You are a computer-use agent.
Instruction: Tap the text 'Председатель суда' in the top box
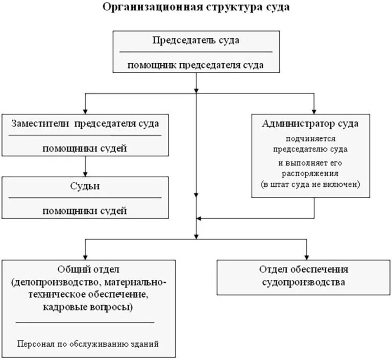[x=196, y=40]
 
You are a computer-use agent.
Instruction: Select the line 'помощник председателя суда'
[x=196, y=65]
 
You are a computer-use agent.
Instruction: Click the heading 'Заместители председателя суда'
[x=85, y=124]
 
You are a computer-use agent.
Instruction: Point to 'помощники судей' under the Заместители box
[x=85, y=149]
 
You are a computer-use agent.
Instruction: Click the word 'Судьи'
[x=85, y=186]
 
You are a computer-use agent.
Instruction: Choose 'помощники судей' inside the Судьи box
[x=85, y=210]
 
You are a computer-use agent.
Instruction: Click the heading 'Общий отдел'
[x=85, y=270]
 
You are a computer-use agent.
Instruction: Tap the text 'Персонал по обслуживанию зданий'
[x=87, y=344]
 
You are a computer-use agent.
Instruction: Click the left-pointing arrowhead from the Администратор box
[x=200, y=219]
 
